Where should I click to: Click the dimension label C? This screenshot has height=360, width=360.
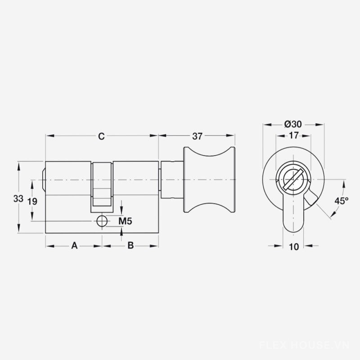(101, 136)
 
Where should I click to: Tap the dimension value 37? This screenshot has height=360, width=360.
(197, 136)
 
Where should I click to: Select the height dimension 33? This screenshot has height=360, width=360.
(18, 198)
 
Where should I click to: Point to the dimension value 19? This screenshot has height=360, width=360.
(32, 201)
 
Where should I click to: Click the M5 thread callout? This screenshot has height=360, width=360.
(126, 221)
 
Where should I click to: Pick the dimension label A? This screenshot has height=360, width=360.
(74, 245)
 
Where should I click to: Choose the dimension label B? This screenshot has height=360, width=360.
(130, 245)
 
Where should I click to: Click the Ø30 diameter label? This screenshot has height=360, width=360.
(293, 124)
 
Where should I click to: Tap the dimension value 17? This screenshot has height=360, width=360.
(294, 135)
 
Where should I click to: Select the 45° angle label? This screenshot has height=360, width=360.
(341, 201)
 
